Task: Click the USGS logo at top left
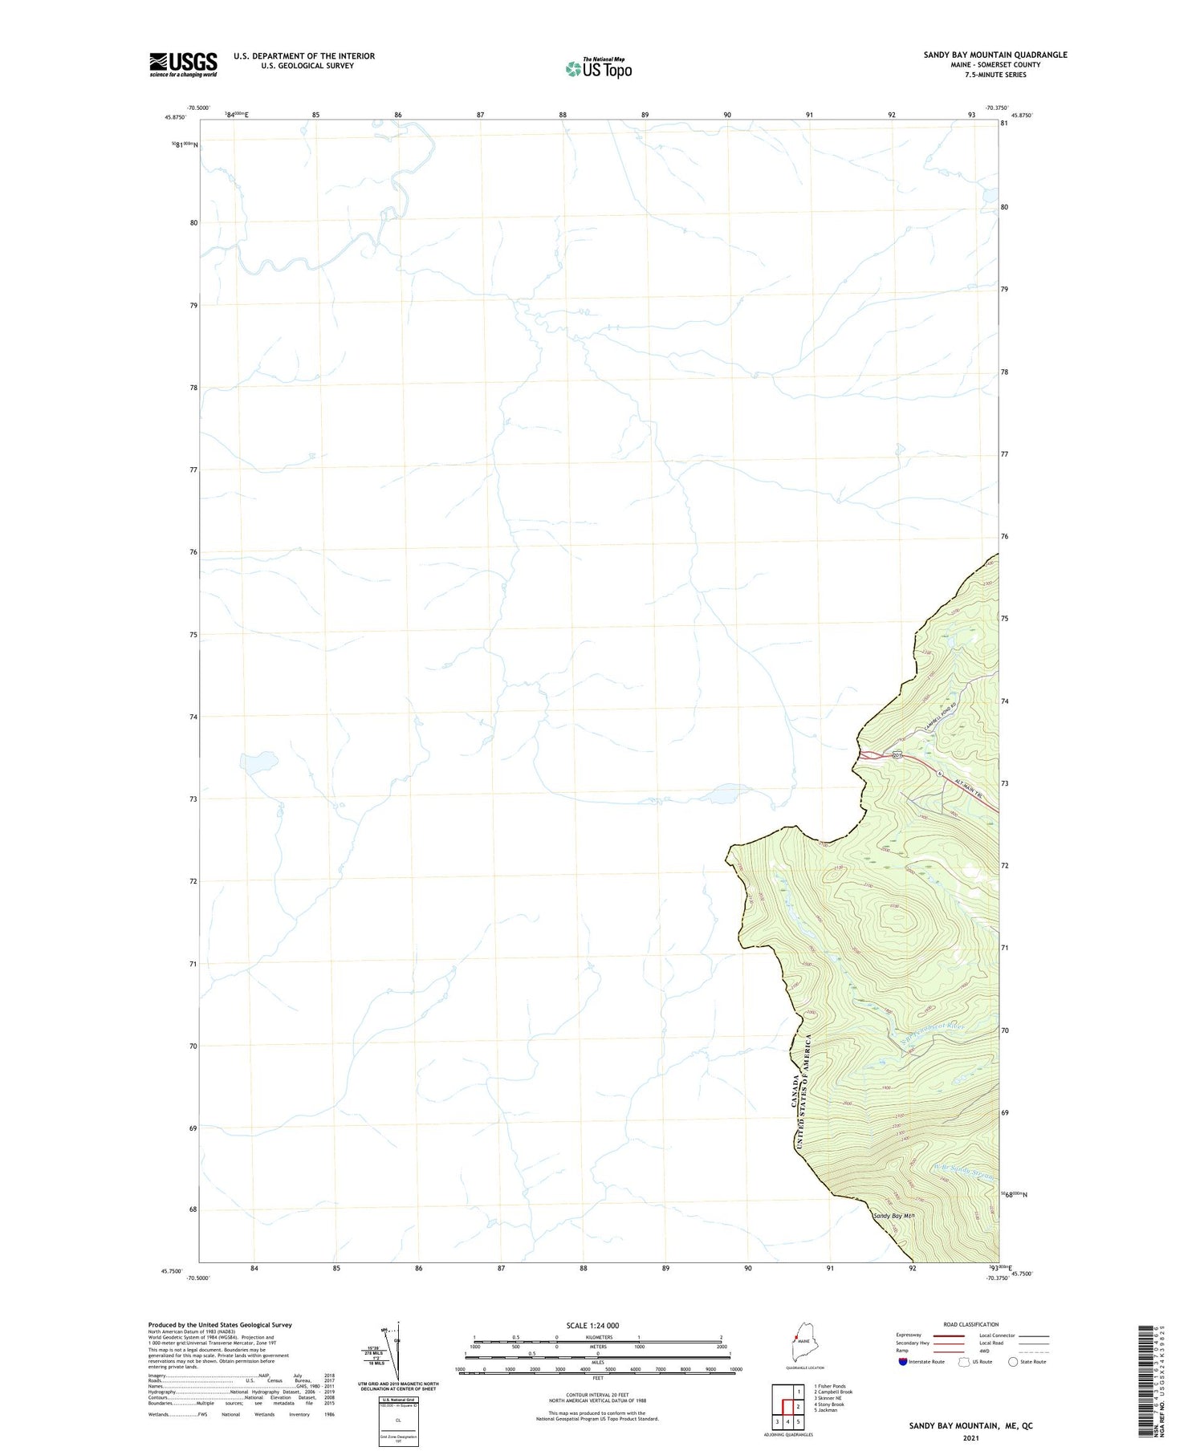click(183, 64)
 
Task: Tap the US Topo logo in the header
click(599, 68)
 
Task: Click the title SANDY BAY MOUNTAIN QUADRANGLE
click(995, 55)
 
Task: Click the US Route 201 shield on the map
click(897, 754)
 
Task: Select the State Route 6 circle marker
click(938, 774)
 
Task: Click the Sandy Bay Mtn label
click(893, 1216)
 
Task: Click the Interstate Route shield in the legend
click(903, 1361)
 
